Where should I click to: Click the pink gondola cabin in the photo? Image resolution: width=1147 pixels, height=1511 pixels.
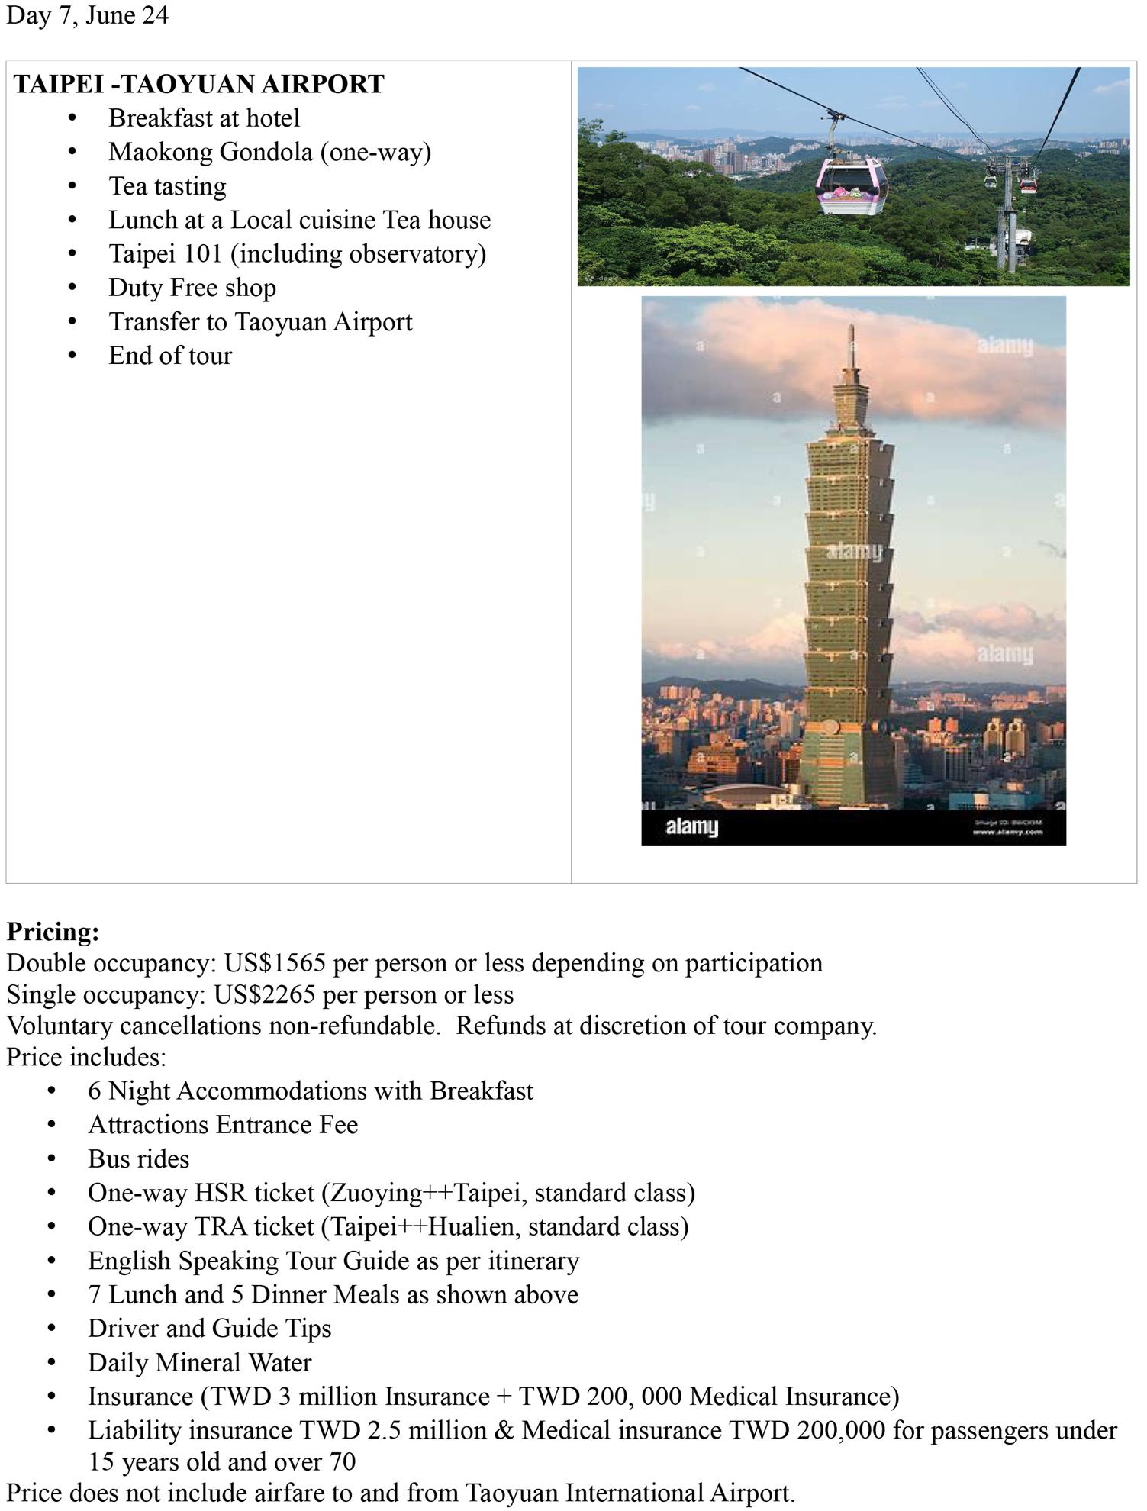pos(852,186)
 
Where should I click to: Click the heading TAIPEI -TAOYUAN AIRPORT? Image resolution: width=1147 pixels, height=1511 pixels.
pos(198,84)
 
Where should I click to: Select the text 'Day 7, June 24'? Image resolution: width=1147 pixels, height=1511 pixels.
pos(87,15)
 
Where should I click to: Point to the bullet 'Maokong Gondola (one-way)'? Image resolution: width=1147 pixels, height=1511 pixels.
pos(269,152)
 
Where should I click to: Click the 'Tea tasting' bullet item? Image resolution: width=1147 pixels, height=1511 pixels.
pos(167,186)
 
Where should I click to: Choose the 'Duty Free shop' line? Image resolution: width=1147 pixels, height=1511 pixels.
pos(192,288)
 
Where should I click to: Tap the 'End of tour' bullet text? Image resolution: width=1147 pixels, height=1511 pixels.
pos(169,356)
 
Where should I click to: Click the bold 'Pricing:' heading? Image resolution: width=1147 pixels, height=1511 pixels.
pos(53,932)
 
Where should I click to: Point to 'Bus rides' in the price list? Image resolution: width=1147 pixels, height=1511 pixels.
pos(138,1158)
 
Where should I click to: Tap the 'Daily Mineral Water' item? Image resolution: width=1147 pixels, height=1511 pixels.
pos(199,1362)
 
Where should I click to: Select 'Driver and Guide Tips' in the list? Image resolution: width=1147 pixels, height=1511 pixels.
pos(209,1328)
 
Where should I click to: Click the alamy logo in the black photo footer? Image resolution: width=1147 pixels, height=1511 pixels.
pos(691,827)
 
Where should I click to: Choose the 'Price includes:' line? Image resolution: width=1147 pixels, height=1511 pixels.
pos(86,1057)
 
